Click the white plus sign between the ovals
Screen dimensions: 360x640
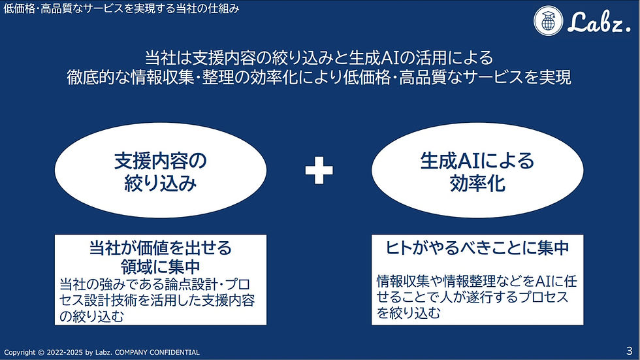[x=319, y=171]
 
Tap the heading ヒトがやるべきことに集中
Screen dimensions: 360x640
[x=477, y=248]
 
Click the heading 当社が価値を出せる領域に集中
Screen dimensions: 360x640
[x=160, y=257]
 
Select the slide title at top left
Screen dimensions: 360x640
[x=121, y=9]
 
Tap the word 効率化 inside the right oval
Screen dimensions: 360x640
[x=477, y=184]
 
